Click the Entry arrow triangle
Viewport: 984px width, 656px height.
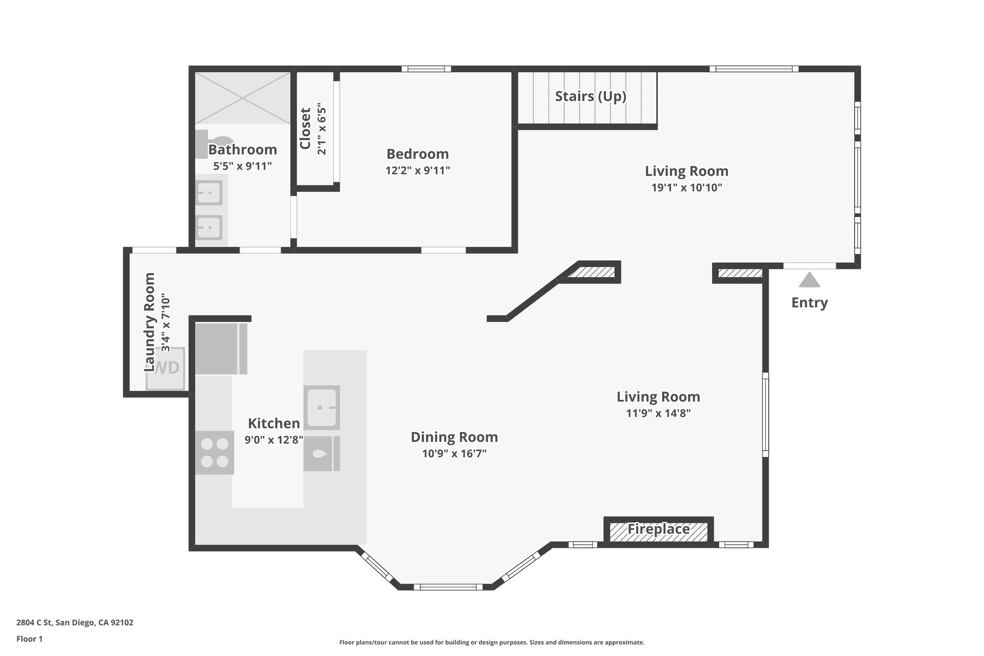pos(810,280)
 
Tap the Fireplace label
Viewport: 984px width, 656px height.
pos(658,529)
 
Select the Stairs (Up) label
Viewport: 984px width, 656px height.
pos(590,96)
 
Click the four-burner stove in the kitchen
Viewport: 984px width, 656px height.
pos(215,453)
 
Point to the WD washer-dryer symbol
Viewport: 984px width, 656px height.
pos(166,368)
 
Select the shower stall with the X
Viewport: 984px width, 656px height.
pos(243,98)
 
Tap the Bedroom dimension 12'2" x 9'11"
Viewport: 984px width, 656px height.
pos(418,170)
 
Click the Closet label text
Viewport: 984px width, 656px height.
pos(306,128)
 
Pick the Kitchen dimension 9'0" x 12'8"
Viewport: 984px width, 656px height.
pos(274,440)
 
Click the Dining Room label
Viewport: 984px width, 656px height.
pos(454,437)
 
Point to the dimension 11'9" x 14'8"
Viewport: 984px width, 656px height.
pos(658,413)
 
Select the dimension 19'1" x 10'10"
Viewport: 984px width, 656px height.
pos(687,187)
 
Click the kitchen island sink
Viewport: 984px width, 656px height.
pos(321,408)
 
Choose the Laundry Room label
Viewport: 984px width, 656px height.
pos(150,322)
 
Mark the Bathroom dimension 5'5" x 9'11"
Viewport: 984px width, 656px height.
pos(243,166)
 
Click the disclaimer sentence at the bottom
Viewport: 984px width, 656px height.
pos(492,642)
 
